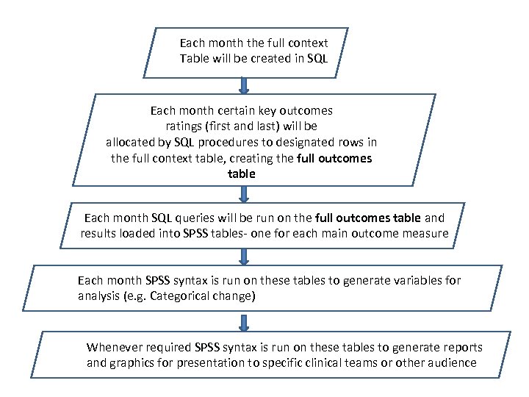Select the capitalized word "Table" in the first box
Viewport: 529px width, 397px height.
[x=195, y=58]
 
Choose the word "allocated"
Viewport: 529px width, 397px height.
[x=132, y=142]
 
